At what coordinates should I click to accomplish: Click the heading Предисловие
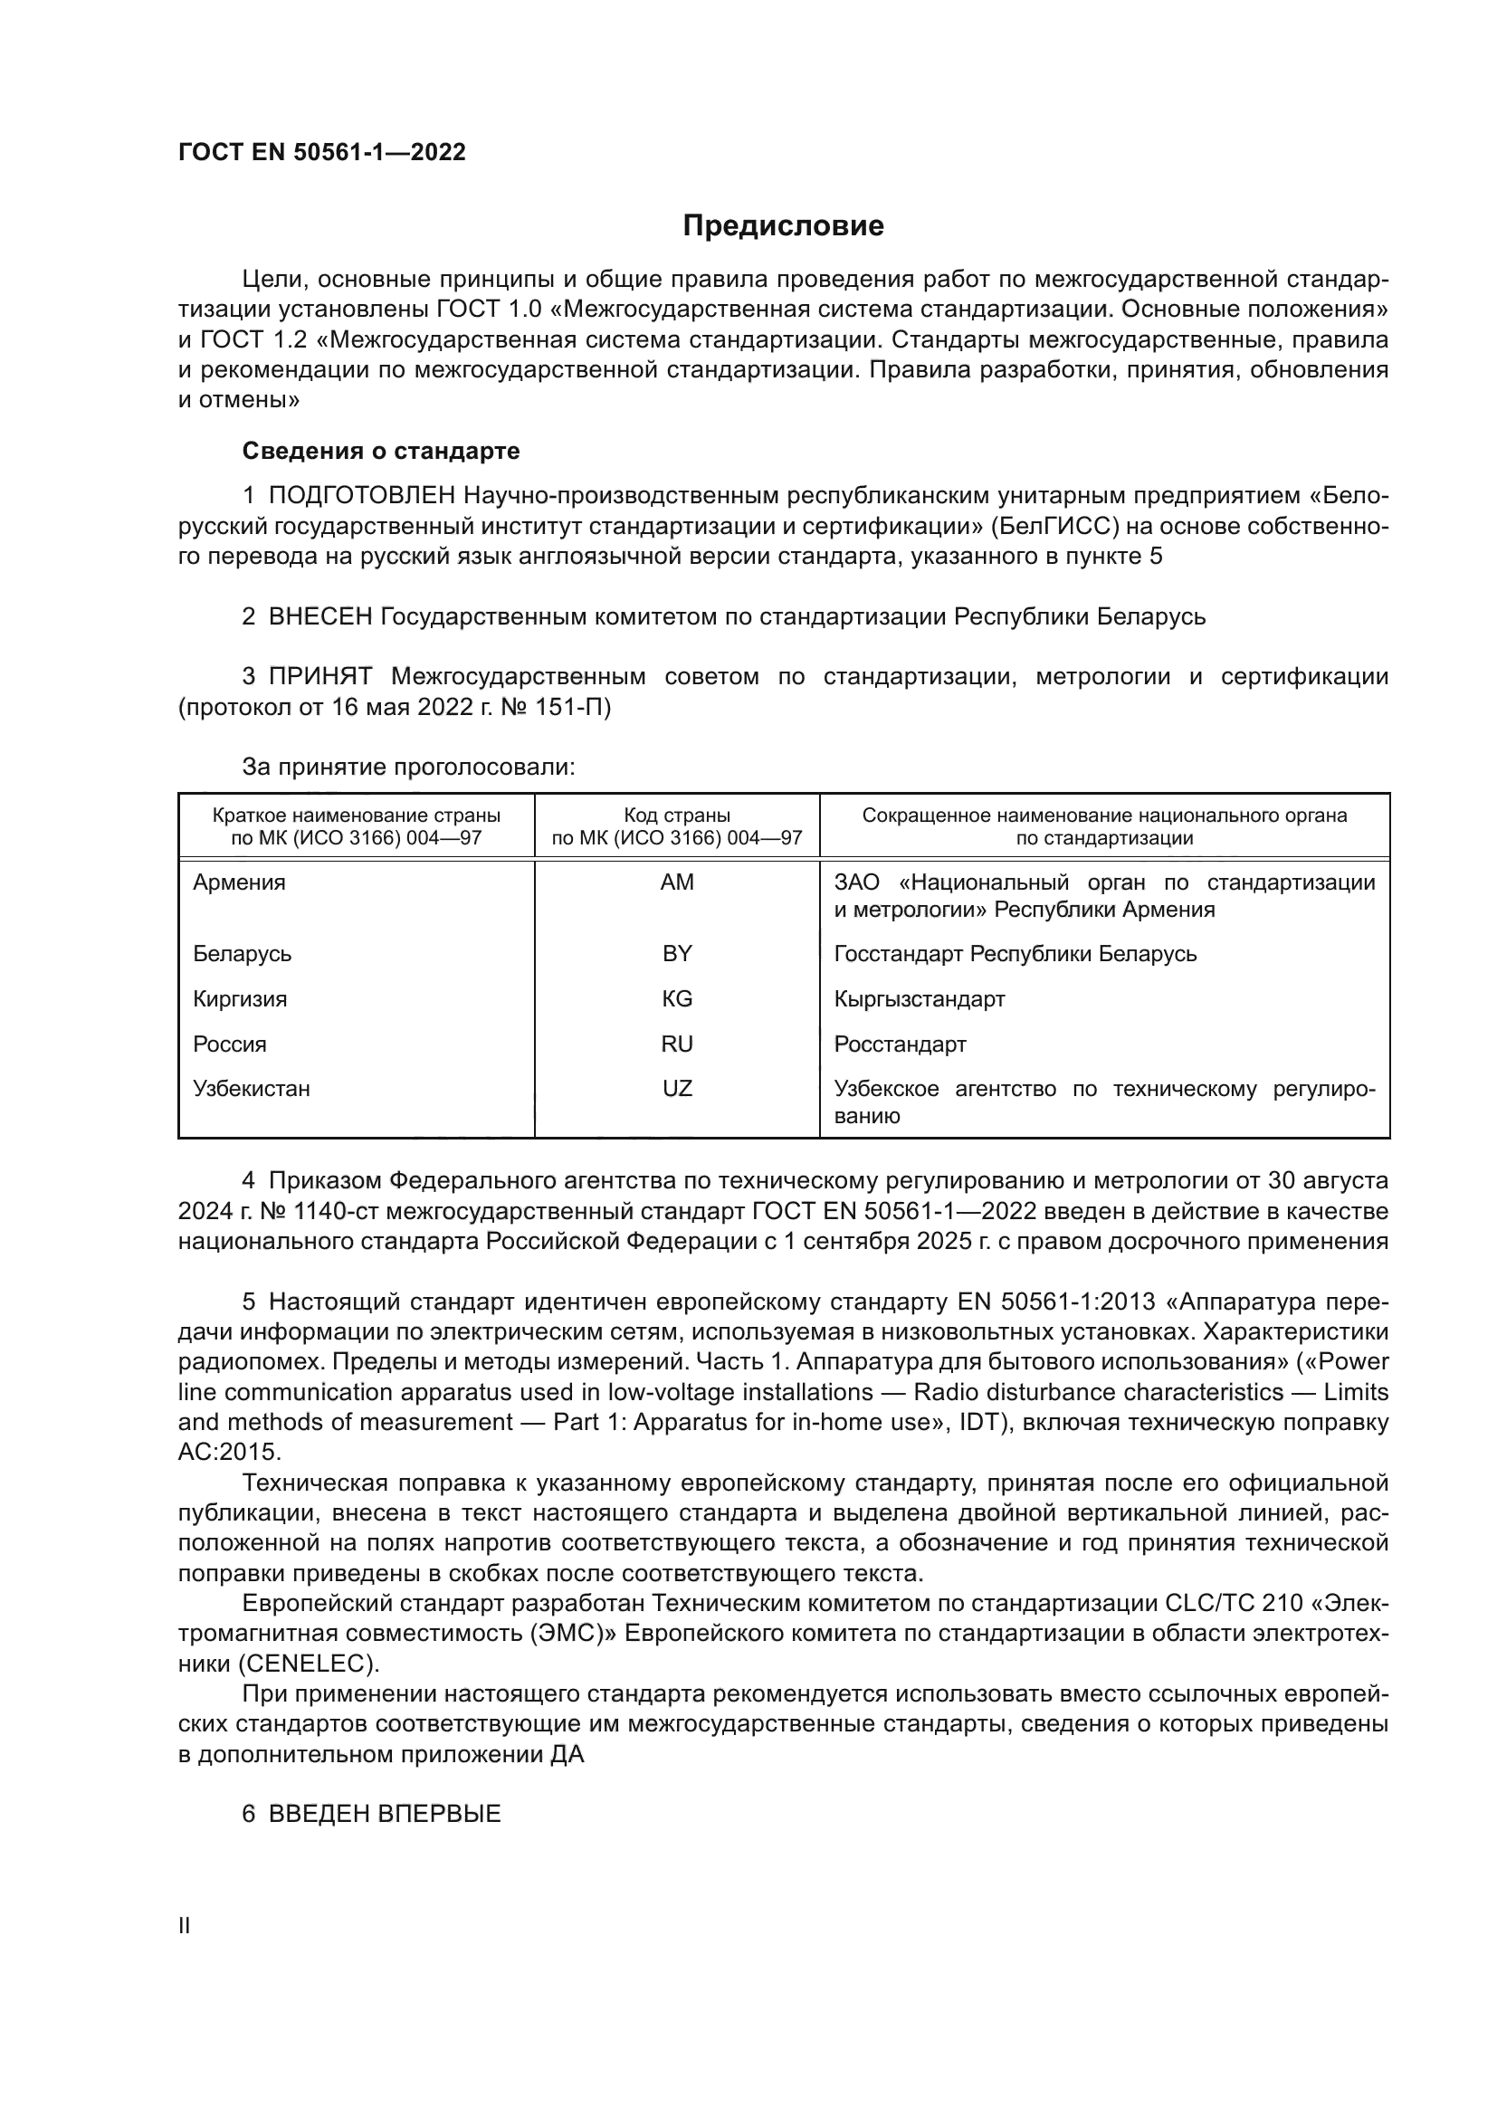point(783,226)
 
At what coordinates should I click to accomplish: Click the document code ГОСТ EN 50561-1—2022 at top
point(321,152)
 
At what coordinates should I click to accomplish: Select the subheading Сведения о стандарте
point(381,451)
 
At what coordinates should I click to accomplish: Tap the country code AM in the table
point(677,882)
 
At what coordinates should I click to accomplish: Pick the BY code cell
point(677,953)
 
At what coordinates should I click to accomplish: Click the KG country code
point(677,998)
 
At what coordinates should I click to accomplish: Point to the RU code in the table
point(677,1044)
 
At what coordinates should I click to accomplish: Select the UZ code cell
point(677,1088)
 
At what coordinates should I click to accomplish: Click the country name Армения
point(239,882)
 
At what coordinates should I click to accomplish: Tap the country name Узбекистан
point(251,1088)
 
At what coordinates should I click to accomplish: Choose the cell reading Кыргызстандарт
point(919,998)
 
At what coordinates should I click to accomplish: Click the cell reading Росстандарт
point(900,1044)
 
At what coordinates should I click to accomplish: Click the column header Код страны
point(677,815)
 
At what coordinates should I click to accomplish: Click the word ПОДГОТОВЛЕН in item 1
point(361,496)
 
